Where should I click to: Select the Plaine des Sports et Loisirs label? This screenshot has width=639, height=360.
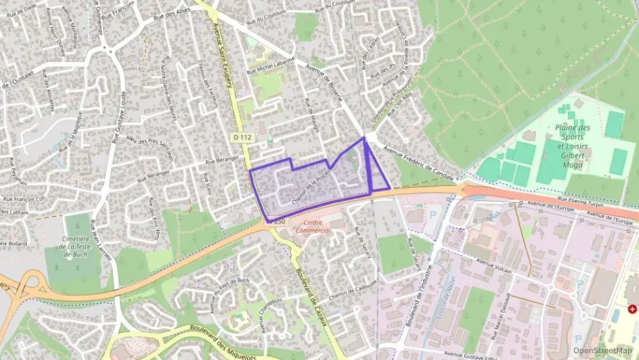[x=573, y=141]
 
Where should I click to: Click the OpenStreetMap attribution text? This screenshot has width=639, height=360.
[x=602, y=350]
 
